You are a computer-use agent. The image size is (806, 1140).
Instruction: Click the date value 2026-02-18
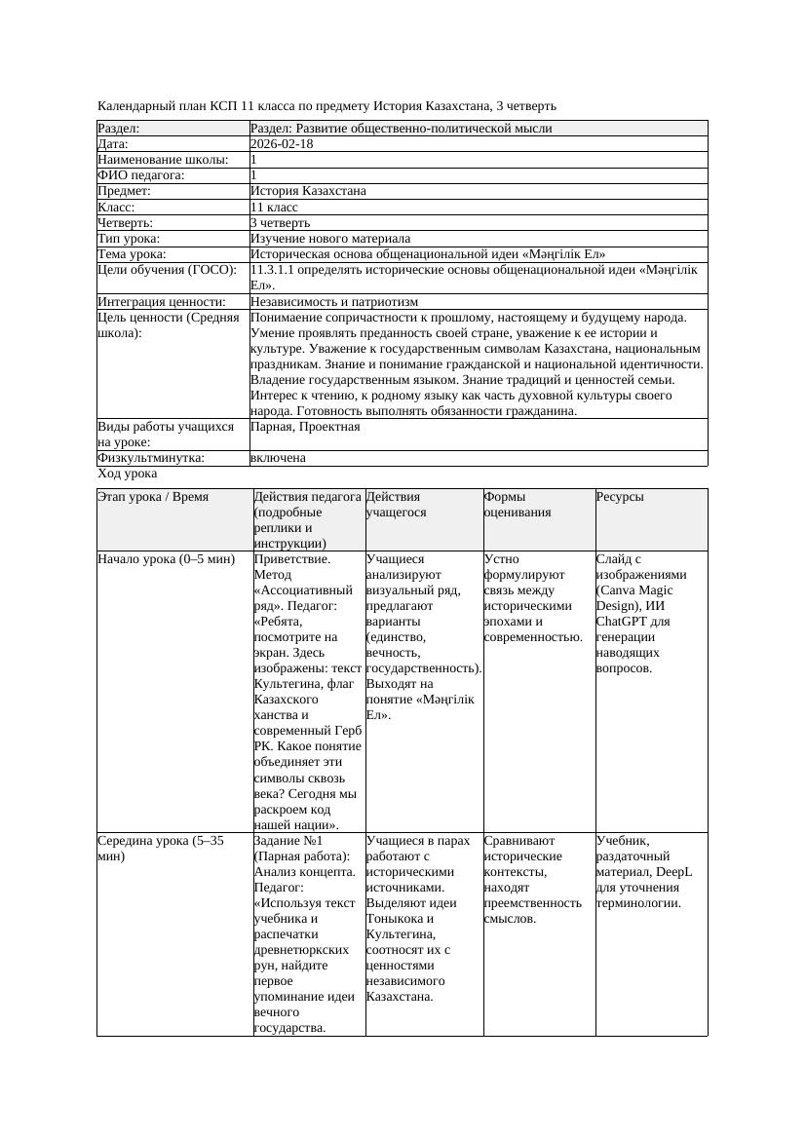point(282,144)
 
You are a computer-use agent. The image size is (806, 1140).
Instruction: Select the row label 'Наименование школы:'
point(164,160)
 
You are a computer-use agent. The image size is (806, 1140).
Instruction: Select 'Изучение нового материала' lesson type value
point(330,238)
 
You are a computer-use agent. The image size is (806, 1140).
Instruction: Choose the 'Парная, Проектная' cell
point(305,427)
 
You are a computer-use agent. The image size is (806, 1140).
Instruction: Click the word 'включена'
point(278,458)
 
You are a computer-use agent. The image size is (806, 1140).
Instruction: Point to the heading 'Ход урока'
point(128,474)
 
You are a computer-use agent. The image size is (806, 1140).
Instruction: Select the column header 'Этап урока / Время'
point(153,497)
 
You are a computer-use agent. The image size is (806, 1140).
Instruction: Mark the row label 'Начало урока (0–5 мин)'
point(167,559)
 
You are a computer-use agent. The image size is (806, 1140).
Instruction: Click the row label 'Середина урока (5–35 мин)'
point(161,848)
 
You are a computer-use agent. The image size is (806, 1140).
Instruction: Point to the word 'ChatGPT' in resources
point(620,622)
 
